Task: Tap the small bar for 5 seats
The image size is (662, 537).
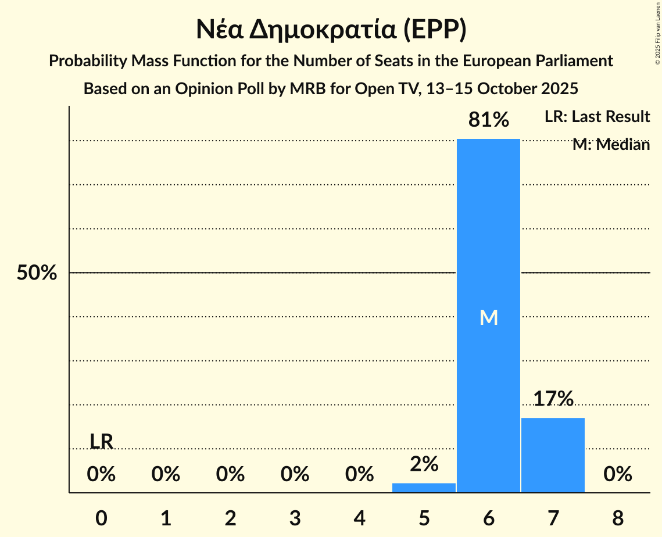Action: point(424,488)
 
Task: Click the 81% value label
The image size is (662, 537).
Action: point(489,120)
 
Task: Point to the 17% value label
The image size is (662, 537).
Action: point(553,399)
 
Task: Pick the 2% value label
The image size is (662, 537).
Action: point(424,464)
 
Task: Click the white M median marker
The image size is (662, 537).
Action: point(489,317)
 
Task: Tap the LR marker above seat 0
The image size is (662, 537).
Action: point(101,442)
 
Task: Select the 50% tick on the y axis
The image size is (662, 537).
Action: point(37,273)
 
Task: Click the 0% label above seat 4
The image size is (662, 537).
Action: point(359,475)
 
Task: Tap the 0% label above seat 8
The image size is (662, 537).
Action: point(617,475)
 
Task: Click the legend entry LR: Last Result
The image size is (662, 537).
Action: point(597,117)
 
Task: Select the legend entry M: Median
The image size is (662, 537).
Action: point(611,145)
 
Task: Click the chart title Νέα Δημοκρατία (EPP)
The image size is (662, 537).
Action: point(331,30)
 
